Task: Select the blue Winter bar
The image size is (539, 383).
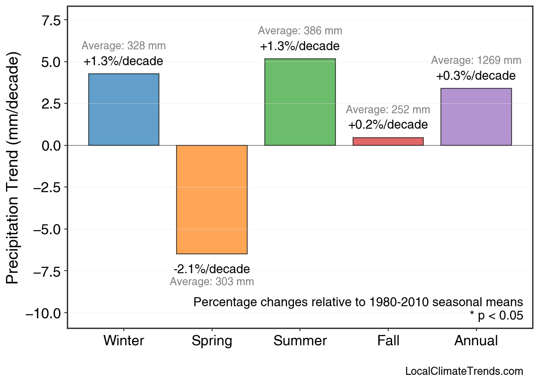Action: [x=123, y=110]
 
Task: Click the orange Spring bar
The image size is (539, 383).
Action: [x=212, y=199]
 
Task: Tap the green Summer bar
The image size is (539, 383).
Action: [x=300, y=102]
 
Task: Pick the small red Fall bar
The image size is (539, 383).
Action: [x=388, y=142]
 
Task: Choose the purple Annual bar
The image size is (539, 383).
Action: [x=476, y=117]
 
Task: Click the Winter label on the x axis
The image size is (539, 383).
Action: [x=124, y=341]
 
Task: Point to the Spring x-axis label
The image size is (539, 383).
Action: [x=212, y=341]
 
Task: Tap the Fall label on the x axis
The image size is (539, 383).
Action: [x=388, y=341]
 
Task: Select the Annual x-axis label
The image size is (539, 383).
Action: [x=476, y=341]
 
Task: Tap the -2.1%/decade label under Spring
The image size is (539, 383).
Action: [x=212, y=269]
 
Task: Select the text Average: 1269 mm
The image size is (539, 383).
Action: [x=476, y=60]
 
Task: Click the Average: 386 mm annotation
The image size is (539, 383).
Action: [x=300, y=31]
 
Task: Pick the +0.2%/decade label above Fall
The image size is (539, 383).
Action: [x=388, y=125]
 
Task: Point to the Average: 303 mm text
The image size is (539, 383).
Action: [x=212, y=282]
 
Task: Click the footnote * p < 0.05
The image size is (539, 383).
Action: [x=496, y=316]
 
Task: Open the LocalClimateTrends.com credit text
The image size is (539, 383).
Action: [x=464, y=371]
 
